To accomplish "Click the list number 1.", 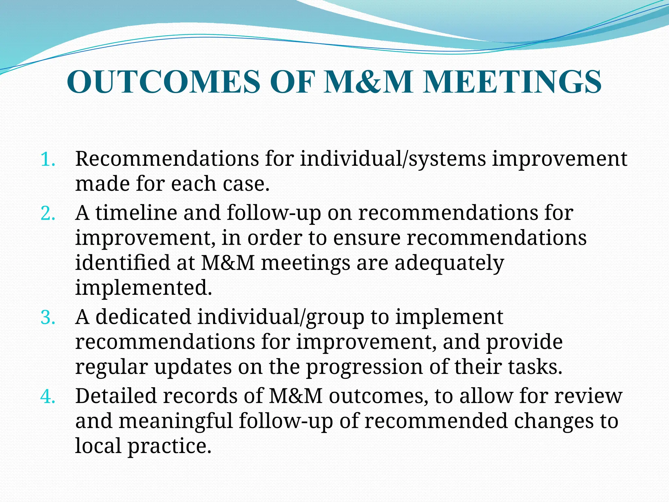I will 48,160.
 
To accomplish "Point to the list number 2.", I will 48,214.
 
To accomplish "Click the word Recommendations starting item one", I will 167,159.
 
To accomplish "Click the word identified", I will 122,263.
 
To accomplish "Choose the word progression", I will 364,367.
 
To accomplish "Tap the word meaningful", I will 175,421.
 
